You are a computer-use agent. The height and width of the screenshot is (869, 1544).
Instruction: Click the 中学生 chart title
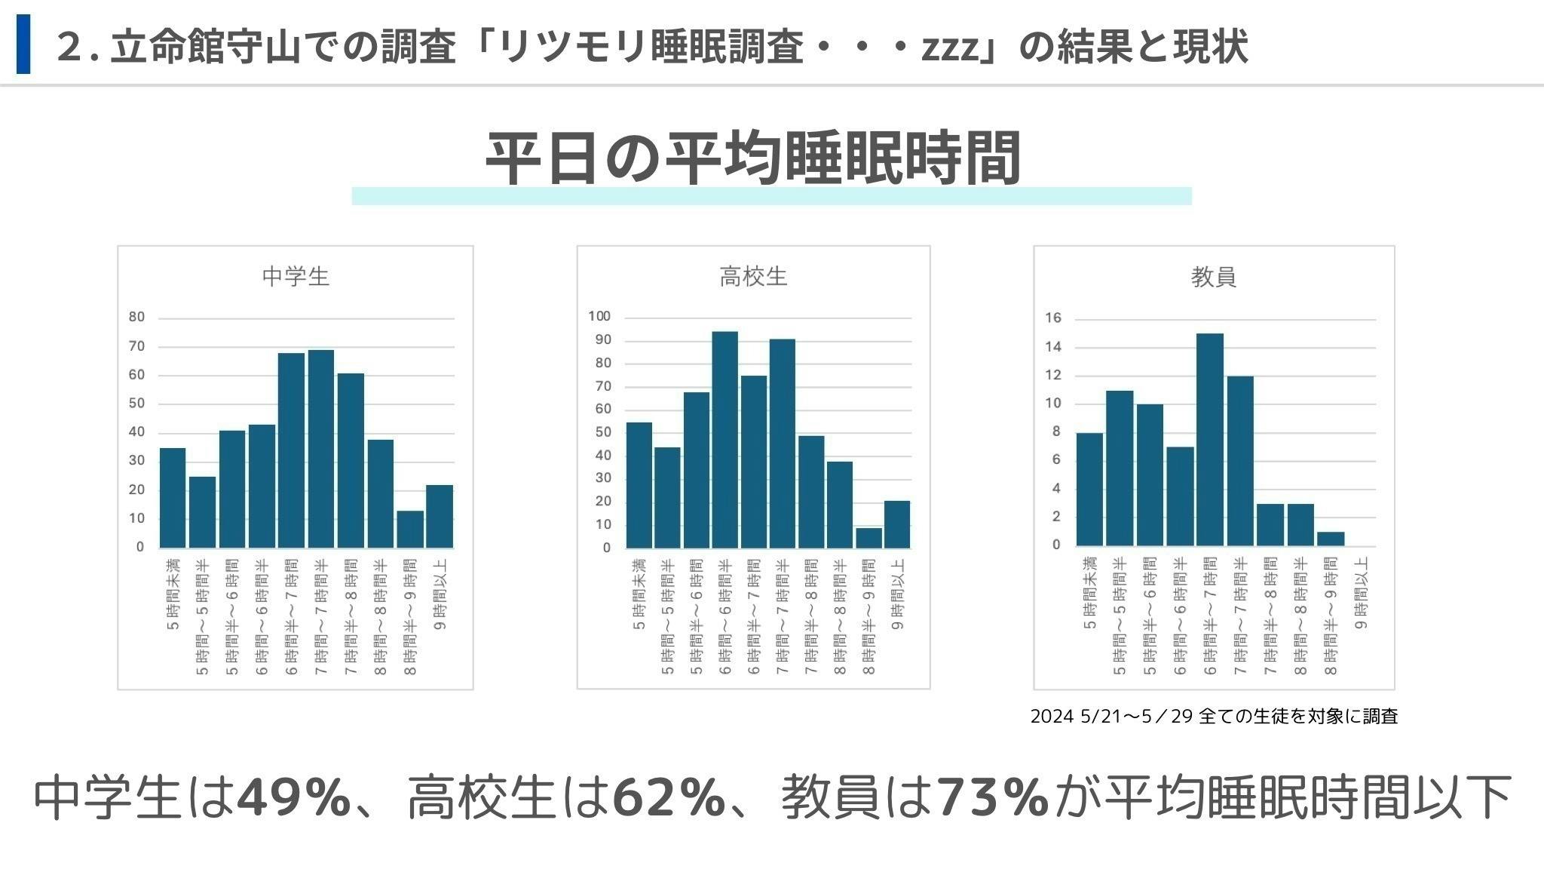[296, 276]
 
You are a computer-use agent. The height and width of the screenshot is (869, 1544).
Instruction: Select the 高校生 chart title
[753, 276]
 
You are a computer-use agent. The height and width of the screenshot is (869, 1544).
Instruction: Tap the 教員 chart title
[1213, 277]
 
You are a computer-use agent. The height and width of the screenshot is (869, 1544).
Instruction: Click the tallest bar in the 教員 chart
[1209, 439]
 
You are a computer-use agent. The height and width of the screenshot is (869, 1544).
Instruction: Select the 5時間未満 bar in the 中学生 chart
[173, 498]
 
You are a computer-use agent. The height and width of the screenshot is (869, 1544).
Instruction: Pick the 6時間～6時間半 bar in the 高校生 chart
[725, 439]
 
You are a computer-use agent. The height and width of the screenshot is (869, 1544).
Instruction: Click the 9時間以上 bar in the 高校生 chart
[896, 524]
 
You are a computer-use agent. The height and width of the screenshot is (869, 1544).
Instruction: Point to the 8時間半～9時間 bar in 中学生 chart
[409, 530]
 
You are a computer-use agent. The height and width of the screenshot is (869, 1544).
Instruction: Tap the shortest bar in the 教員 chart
[1330, 539]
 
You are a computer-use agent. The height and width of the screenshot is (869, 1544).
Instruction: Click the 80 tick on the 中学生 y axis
[136, 318]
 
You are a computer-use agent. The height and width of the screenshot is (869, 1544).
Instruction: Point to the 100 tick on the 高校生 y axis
[599, 317]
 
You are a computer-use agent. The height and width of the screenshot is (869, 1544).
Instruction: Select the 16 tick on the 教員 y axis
[1052, 318]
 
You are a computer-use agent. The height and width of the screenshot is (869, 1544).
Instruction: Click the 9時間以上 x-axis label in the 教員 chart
[1361, 594]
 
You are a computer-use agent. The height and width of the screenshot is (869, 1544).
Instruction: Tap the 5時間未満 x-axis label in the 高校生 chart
[639, 594]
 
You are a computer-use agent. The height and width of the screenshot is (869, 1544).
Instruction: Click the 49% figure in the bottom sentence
[294, 797]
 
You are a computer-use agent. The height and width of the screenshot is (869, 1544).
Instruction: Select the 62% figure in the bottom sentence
[669, 797]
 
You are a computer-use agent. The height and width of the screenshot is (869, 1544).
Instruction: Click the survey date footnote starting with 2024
[1214, 716]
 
